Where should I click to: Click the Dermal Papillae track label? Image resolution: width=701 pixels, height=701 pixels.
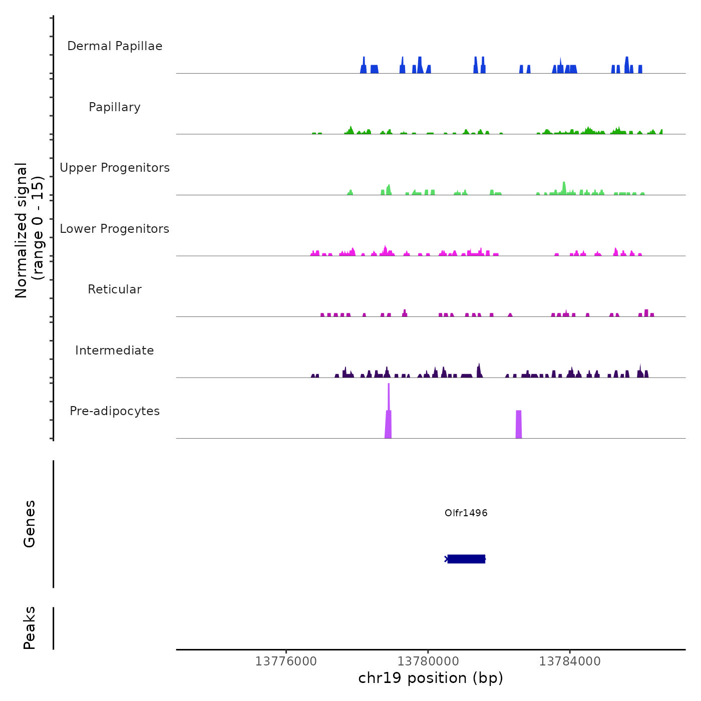[115, 46]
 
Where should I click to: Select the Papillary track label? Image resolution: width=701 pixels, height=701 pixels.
[115, 107]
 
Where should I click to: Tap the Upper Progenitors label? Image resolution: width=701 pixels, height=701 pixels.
[115, 168]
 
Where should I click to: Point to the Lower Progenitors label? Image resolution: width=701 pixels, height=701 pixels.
[115, 229]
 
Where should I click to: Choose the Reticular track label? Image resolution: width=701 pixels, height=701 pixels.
[115, 289]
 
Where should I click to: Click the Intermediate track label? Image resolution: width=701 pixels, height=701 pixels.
[115, 350]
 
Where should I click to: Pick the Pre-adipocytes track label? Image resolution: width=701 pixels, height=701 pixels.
[115, 411]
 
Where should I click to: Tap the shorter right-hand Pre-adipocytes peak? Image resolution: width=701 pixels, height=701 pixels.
[519, 425]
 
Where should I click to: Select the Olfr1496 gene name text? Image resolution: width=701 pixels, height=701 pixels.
[466, 513]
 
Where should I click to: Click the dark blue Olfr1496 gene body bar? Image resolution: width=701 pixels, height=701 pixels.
[466, 559]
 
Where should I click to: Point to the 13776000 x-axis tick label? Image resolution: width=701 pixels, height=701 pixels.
[286, 661]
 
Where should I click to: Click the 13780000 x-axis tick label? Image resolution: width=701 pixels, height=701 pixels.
[428, 661]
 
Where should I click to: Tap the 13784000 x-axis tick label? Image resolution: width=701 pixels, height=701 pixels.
[570, 661]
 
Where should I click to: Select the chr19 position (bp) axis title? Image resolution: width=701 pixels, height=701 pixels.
[431, 678]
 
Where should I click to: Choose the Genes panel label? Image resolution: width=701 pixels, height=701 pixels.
[30, 524]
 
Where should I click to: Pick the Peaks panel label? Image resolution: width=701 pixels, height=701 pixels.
[30, 628]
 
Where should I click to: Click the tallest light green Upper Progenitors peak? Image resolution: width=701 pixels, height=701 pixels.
[564, 188]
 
